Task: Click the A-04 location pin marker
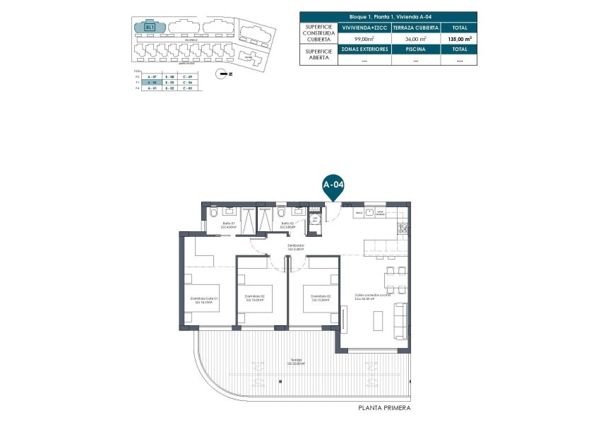tap(333, 185)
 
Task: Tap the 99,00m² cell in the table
tap(364, 39)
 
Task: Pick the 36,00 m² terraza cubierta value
tap(415, 39)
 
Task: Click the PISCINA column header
tap(415, 50)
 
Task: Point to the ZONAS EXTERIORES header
tap(364, 50)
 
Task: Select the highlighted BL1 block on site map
tap(150, 28)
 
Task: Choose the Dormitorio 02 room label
tap(254, 298)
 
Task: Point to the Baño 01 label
tap(228, 225)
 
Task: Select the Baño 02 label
tap(287, 225)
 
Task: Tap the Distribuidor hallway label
tap(295, 248)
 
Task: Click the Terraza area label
tap(296, 361)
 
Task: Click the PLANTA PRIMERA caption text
tap(384, 408)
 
